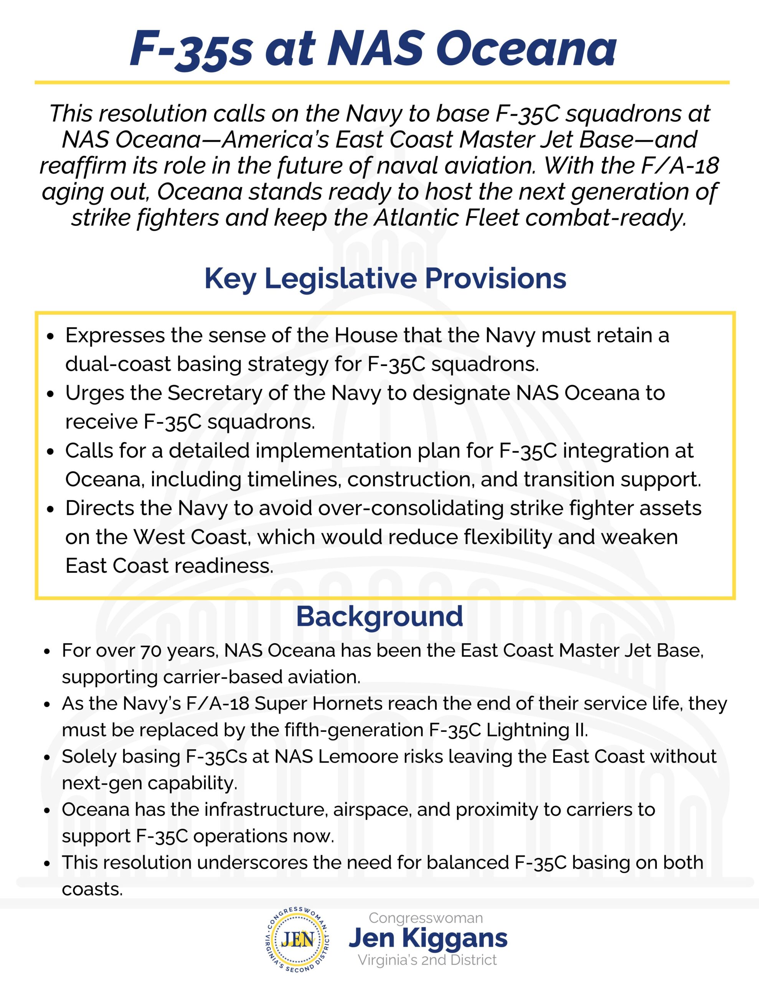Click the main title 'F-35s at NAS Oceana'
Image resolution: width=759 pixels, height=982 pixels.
[373, 48]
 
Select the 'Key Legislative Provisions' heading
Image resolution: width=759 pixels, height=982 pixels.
[385, 278]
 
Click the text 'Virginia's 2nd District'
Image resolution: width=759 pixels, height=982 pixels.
[427, 960]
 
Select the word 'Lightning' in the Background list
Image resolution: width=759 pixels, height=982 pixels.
[527, 730]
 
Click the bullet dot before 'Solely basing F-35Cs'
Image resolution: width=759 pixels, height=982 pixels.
[47, 758]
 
